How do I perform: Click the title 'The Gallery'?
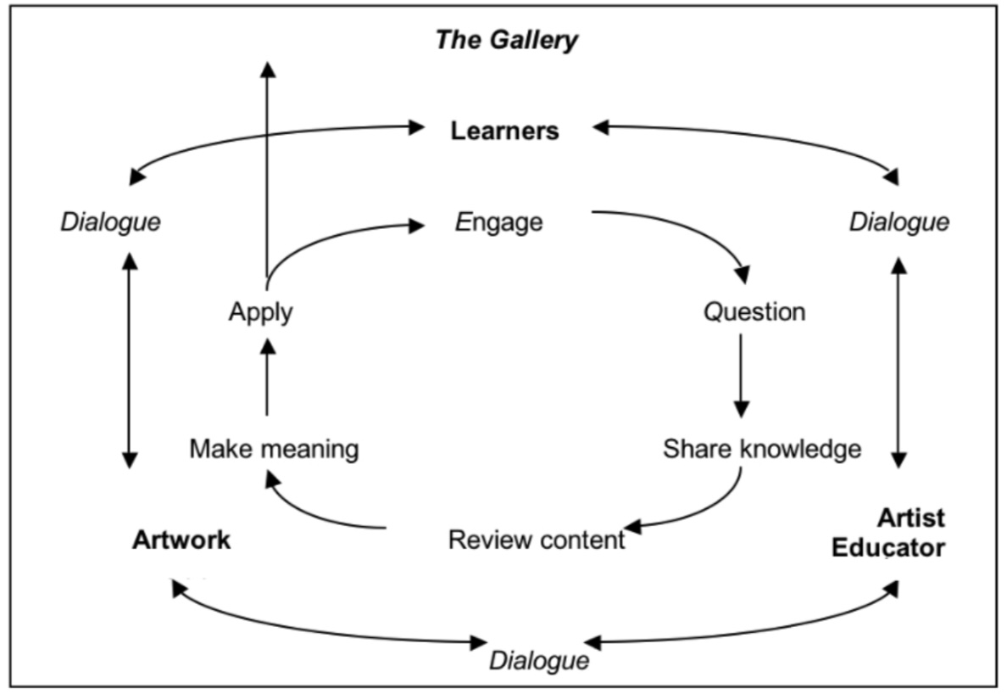click(x=506, y=40)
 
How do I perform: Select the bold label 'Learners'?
click(x=504, y=132)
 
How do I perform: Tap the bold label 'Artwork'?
click(x=181, y=540)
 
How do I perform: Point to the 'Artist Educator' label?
click(x=888, y=533)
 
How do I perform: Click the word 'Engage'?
click(x=498, y=223)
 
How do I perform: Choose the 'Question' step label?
click(x=754, y=312)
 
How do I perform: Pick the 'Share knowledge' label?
click(x=761, y=449)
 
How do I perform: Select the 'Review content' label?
click(x=537, y=540)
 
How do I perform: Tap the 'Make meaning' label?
click(x=274, y=448)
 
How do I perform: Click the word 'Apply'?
click(x=260, y=312)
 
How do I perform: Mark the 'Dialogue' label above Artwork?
click(x=110, y=223)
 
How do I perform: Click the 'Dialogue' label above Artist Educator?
click(x=899, y=223)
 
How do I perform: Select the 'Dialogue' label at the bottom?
click(x=539, y=660)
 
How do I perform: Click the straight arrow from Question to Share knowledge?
click(x=741, y=373)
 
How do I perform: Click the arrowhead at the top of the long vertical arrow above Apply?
click(x=267, y=68)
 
